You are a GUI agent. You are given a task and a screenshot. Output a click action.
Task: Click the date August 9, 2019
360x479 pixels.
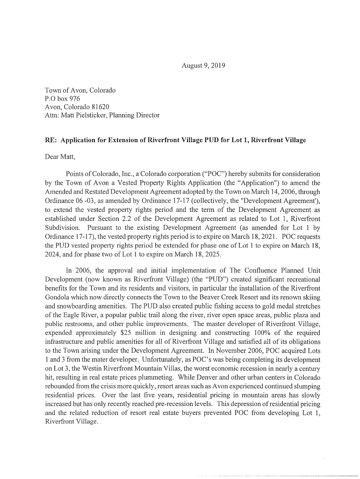[203, 66]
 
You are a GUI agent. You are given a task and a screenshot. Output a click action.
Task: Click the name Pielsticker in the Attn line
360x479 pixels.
[90, 115]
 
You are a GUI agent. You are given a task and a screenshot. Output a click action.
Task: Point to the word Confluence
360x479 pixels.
[252, 270]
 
